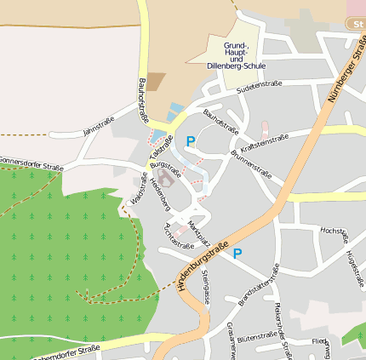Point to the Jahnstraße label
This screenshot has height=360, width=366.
point(98,127)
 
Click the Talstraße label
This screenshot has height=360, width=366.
point(157,146)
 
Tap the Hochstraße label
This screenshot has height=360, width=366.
point(333,231)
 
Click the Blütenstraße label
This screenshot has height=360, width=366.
point(259,338)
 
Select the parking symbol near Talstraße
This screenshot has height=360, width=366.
point(191,142)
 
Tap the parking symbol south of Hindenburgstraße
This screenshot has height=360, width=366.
point(237,253)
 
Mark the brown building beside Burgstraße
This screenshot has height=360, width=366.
point(164,180)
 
